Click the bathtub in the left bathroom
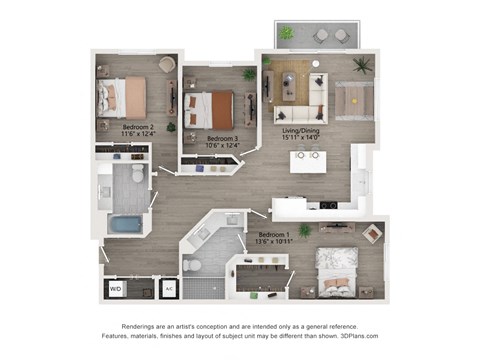coord(125,223)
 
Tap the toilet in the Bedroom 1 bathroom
coord(195,265)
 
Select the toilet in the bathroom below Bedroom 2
coord(137,173)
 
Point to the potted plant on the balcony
coord(287,34)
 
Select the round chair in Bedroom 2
coord(166,65)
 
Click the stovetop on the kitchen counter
coord(323,206)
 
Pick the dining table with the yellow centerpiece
coord(353,99)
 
